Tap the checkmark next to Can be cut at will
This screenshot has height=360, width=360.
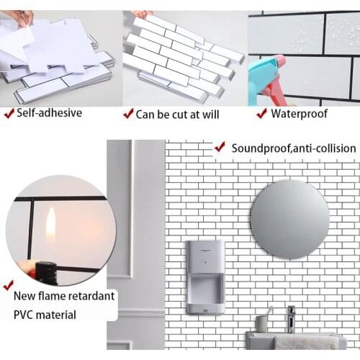(129, 113)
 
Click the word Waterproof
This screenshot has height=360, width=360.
(300, 113)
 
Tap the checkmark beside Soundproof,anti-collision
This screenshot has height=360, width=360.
(219, 147)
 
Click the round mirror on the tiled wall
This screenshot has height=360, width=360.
(290, 219)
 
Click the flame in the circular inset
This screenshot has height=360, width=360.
(50, 226)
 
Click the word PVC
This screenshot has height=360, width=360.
(25, 314)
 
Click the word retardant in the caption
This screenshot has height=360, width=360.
(91, 295)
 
